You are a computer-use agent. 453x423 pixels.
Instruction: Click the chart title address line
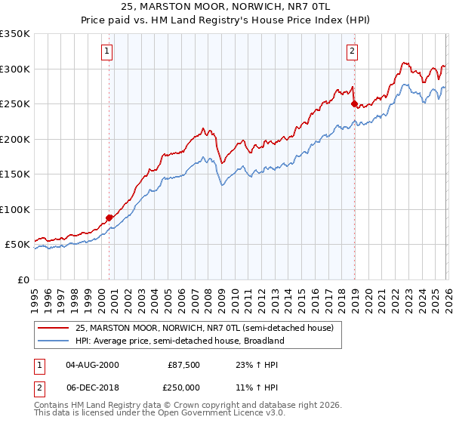click(226, 6)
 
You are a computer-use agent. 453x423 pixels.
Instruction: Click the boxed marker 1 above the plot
click(107, 51)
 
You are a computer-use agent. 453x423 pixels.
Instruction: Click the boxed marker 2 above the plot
click(353, 51)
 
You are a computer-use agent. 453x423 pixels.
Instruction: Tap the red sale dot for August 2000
click(109, 218)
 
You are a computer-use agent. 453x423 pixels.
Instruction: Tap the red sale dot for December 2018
click(353, 104)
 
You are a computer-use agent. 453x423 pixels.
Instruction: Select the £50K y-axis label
click(17, 245)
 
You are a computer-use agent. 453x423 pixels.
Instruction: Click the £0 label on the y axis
click(23, 279)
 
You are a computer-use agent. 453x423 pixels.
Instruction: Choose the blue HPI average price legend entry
click(179, 341)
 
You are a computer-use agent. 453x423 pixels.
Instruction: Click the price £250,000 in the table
click(183, 386)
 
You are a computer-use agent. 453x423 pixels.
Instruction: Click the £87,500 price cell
click(183, 364)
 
